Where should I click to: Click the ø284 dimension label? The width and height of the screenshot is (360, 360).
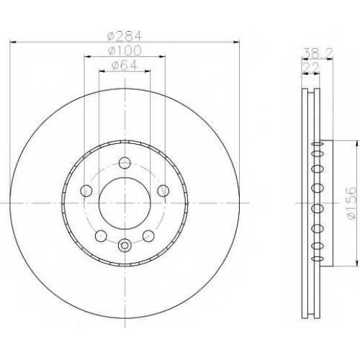125,36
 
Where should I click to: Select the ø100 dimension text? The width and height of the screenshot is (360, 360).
125,50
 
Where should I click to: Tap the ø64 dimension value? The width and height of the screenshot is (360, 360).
125,65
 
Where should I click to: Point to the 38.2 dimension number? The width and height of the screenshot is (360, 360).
317,53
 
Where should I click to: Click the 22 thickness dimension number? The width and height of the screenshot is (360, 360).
311,68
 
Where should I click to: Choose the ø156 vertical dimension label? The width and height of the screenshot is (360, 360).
351,203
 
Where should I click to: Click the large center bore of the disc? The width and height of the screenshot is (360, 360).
125,203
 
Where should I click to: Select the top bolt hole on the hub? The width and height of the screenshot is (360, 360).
125,163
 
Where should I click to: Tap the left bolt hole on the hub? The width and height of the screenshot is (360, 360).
86,191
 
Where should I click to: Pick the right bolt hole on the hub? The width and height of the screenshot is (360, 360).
163,191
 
